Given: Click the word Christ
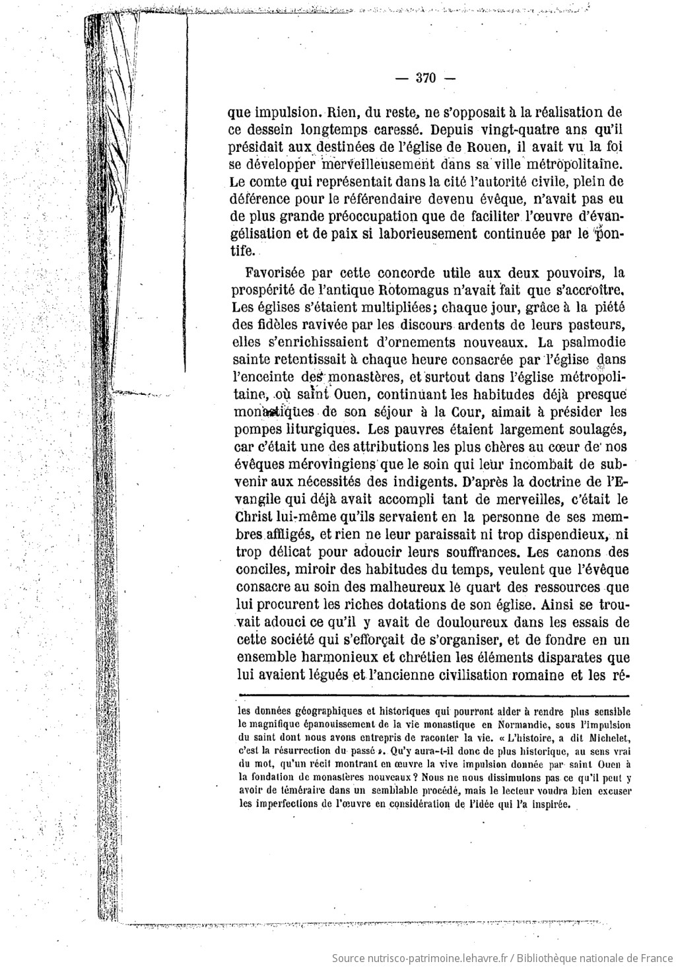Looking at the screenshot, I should (x=253, y=515).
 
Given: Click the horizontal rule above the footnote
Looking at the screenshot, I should (x=432, y=693).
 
